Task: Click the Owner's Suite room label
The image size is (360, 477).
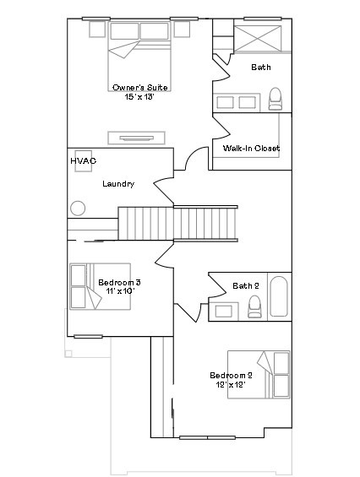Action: pos(139,88)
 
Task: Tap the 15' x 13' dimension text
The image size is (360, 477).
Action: pos(139,98)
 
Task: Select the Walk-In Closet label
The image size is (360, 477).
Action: pos(251,149)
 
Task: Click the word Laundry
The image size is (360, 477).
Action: pos(118,184)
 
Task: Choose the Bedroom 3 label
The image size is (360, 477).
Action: pos(119,282)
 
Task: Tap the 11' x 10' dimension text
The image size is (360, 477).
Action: pos(119,291)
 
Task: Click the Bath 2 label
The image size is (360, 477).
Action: pos(246,286)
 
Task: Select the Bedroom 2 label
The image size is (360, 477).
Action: pos(232,375)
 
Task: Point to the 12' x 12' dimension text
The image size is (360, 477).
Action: pos(232,385)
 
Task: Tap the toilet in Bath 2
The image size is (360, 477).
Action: pos(255,307)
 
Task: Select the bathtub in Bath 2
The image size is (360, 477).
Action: pos(279,295)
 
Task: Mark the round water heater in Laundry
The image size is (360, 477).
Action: pos(79,208)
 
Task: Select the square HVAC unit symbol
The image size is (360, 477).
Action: pos(84,166)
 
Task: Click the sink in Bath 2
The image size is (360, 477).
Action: pos(224,311)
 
